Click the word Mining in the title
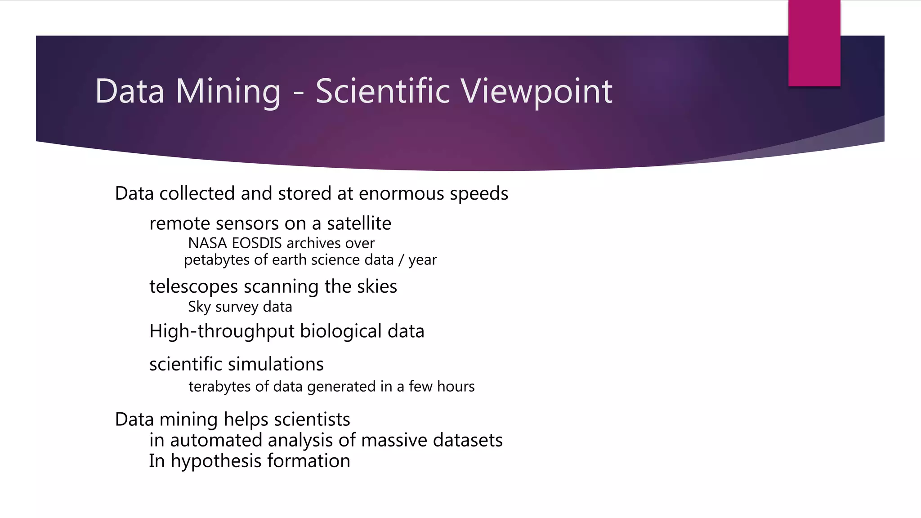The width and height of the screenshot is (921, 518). [228, 91]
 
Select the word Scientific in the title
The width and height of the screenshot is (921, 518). [382, 91]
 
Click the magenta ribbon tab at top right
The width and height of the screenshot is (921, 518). [814, 43]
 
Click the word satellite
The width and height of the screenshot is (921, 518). [359, 223]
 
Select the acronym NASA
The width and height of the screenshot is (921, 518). [207, 243]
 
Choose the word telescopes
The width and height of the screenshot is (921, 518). [193, 287]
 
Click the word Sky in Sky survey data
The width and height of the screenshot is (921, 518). [199, 307]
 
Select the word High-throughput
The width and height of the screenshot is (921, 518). [222, 332]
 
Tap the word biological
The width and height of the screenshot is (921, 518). [341, 332]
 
